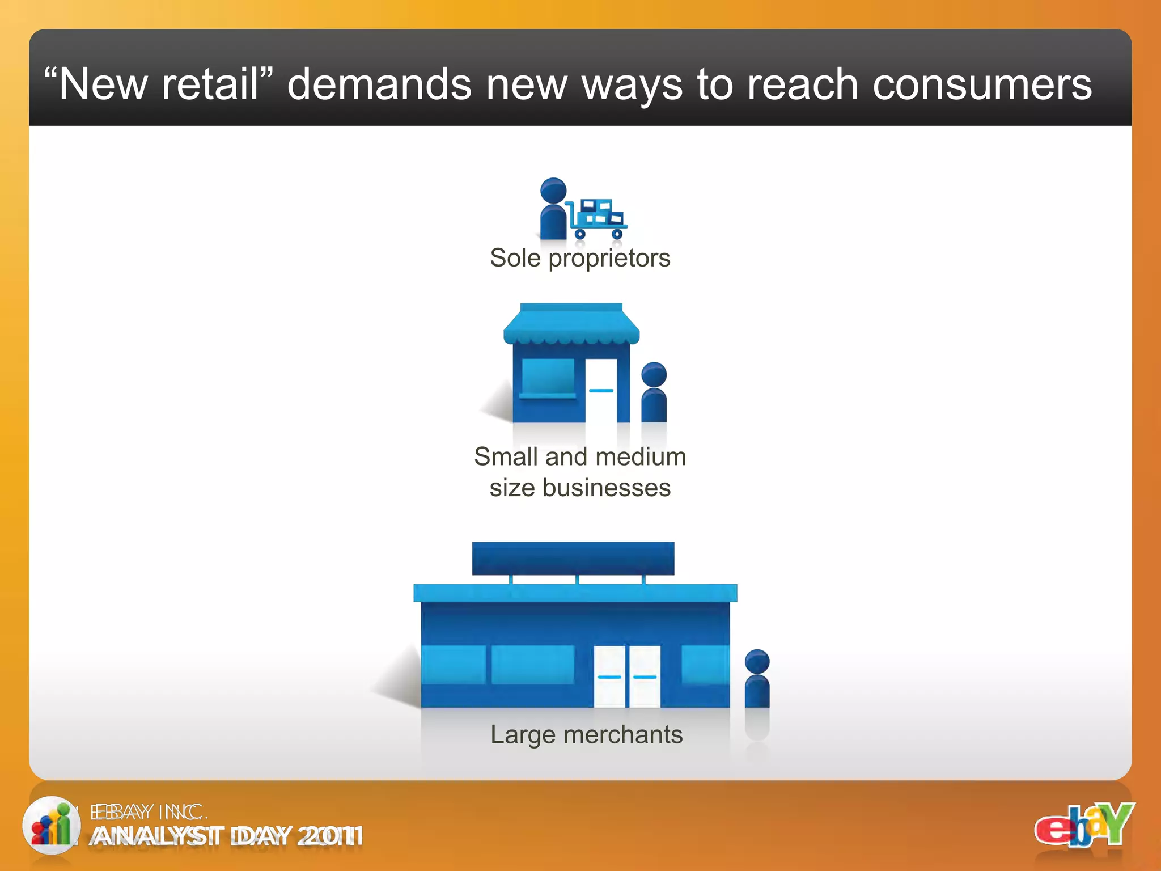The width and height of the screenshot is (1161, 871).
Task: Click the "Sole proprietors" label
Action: tap(580, 259)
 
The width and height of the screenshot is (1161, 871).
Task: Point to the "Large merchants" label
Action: tap(586, 735)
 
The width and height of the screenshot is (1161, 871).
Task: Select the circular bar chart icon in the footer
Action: tap(51, 825)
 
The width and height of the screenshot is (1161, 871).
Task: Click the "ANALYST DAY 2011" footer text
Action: tap(226, 836)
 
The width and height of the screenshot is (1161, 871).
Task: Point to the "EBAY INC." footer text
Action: tap(149, 812)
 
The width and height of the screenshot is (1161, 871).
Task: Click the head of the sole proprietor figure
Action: tap(553, 191)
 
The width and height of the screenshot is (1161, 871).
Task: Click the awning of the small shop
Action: tap(571, 325)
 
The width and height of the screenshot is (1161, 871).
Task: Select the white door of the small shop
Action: tap(601, 390)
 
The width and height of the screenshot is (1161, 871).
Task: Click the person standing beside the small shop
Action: tap(654, 392)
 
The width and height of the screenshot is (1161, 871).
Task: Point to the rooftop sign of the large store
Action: tap(573, 558)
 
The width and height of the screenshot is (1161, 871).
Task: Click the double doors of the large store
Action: tap(627, 676)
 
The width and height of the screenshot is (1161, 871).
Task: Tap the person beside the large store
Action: tap(757, 679)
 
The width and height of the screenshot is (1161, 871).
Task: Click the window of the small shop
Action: tap(548, 377)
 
